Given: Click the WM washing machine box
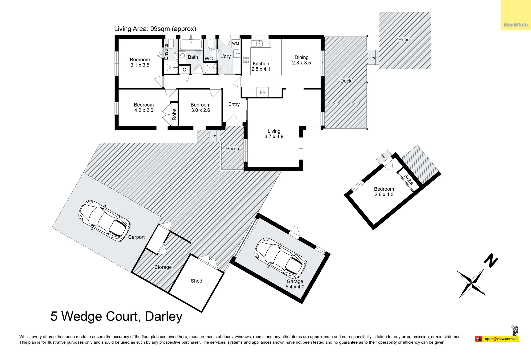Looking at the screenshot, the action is (x=236, y=43).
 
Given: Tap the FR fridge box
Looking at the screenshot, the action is (x=262, y=92).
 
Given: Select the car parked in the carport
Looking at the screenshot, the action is (x=104, y=221).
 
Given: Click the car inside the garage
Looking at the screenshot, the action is (x=280, y=258).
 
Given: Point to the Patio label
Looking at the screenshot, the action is (x=404, y=40).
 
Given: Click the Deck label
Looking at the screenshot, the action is (x=346, y=81).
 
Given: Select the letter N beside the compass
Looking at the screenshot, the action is (x=491, y=261).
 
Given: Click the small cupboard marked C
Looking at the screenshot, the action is (x=184, y=70).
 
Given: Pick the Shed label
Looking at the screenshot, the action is (x=197, y=281).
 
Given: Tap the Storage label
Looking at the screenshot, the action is (x=163, y=267).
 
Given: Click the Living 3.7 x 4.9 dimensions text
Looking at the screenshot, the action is (x=274, y=137).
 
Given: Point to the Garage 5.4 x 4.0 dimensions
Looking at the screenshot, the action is (x=295, y=287).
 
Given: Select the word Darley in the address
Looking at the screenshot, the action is (x=164, y=316).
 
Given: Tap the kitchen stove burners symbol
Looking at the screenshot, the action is (x=246, y=60).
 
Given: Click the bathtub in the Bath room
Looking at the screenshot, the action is (x=191, y=44).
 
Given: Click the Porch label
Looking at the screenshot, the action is (x=233, y=149).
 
